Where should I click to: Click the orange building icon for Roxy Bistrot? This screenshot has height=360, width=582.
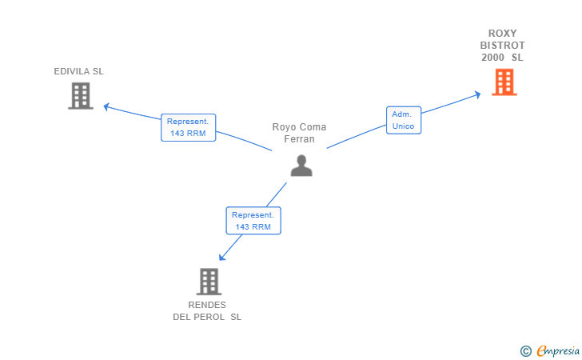click(x=504, y=82)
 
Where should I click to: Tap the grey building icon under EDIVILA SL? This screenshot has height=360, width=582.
click(x=81, y=96)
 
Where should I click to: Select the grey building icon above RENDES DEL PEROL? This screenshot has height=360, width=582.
click(x=209, y=282)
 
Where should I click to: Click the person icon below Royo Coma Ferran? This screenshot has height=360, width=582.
click(x=301, y=166)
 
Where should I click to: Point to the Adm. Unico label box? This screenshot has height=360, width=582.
click(x=404, y=120)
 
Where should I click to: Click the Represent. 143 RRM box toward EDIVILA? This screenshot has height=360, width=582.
click(x=188, y=127)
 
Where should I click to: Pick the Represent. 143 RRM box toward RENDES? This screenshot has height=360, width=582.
click(x=253, y=221)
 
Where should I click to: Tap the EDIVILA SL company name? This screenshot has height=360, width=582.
click(x=78, y=71)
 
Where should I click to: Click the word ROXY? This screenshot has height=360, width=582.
click(x=503, y=34)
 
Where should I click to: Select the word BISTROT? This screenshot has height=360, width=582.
click(x=503, y=46)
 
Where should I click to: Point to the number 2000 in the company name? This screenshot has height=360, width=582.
click(x=493, y=58)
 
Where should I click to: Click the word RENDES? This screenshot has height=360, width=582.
click(x=207, y=305)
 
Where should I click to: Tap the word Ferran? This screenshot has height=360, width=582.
click(x=299, y=139)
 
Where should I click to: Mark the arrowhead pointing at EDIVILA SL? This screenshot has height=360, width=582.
click(x=106, y=107)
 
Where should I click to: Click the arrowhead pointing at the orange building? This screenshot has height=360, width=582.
click(x=478, y=94)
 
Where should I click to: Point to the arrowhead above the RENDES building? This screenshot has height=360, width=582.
click(x=222, y=257)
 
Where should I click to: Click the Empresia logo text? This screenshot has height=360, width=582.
click(x=558, y=350)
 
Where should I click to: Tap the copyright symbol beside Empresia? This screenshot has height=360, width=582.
click(x=526, y=351)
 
